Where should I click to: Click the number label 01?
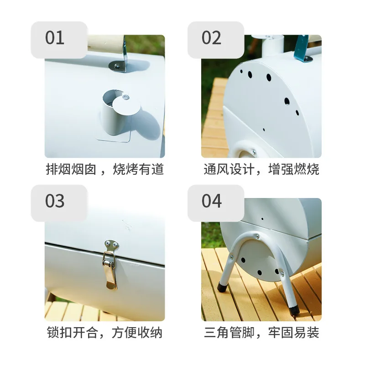click(55, 38)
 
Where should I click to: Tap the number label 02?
click(211, 38)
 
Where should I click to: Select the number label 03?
click(55, 201)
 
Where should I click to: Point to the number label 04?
click(212, 201)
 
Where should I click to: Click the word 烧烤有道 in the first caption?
click(138, 169)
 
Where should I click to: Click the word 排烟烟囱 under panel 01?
click(71, 169)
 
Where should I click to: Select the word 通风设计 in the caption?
click(229, 169)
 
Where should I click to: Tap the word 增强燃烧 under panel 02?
click(293, 169)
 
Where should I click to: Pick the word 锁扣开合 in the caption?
click(72, 333)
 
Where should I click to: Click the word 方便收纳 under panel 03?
click(137, 333)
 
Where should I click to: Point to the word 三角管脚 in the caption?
click(229, 333)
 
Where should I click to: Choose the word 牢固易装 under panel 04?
click(293, 333)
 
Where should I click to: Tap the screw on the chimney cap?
click(126, 97)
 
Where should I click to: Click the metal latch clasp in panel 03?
click(110, 265)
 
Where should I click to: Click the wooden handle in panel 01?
click(106, 44)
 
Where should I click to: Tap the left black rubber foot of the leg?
click(221, 287)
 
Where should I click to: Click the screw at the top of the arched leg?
click(257, 236)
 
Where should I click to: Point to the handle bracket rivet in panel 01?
click(117, 66)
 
